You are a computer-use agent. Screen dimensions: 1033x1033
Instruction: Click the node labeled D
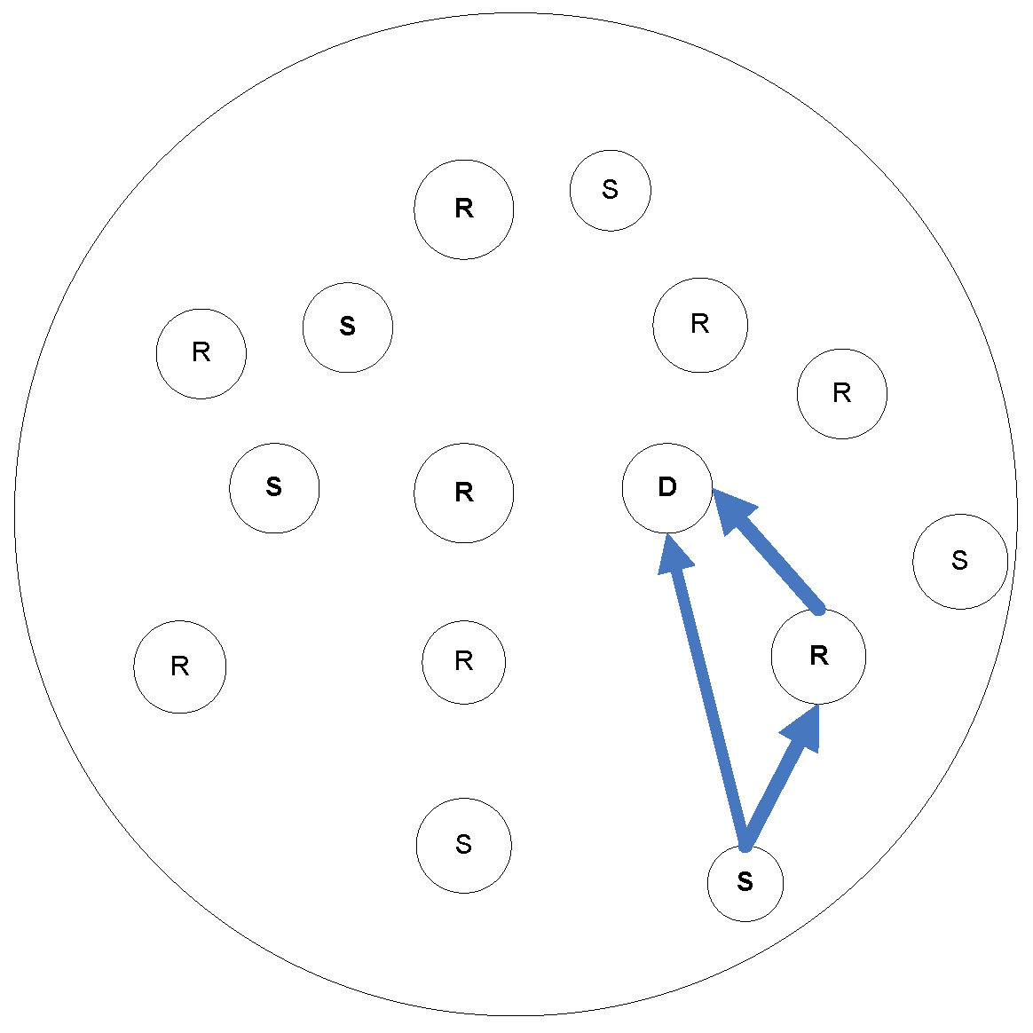pyautogui.click(x=667, y=487)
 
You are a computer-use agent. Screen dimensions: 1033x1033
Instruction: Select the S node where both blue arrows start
pyautogui.click(x=745, y=882)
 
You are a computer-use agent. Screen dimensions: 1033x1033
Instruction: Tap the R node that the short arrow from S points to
pyautogui.click(x=818, y=657)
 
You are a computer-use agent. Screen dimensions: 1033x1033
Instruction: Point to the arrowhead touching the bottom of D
pyautogui.click(x=676, y=554)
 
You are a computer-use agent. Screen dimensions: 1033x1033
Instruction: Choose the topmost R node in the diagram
pyautogui.click(x=463, y=209)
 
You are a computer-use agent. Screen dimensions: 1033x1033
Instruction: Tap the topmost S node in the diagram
pyautogui.click(x=611, y=190)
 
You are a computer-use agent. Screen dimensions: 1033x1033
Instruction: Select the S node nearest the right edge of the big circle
pyautogui.click(x=960, y=561)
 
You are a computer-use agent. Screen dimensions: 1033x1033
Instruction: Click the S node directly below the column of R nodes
pyautogui.click(x=463, y=845)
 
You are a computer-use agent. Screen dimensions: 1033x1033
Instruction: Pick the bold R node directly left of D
pyautogui.click(x=463, y=493)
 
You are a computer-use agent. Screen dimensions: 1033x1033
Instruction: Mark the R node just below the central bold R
pyautogui.click(x=463, y=662)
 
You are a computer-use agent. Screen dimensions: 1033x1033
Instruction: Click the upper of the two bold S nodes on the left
pyautogui.click(x=348, y=327)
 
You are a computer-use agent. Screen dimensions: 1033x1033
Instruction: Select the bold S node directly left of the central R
pyautogui.click(x=274, y=488)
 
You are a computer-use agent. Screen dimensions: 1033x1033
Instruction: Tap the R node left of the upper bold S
pyautogui.click(x=201, y=353)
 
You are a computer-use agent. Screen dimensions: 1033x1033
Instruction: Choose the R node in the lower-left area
pyautogui.click(x=180, y=666)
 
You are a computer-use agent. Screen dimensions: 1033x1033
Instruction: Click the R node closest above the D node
pyautogui.click(x=700, y=325)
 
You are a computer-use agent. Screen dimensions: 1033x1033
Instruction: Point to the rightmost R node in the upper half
pyautogui.click(x=842, y=393)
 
